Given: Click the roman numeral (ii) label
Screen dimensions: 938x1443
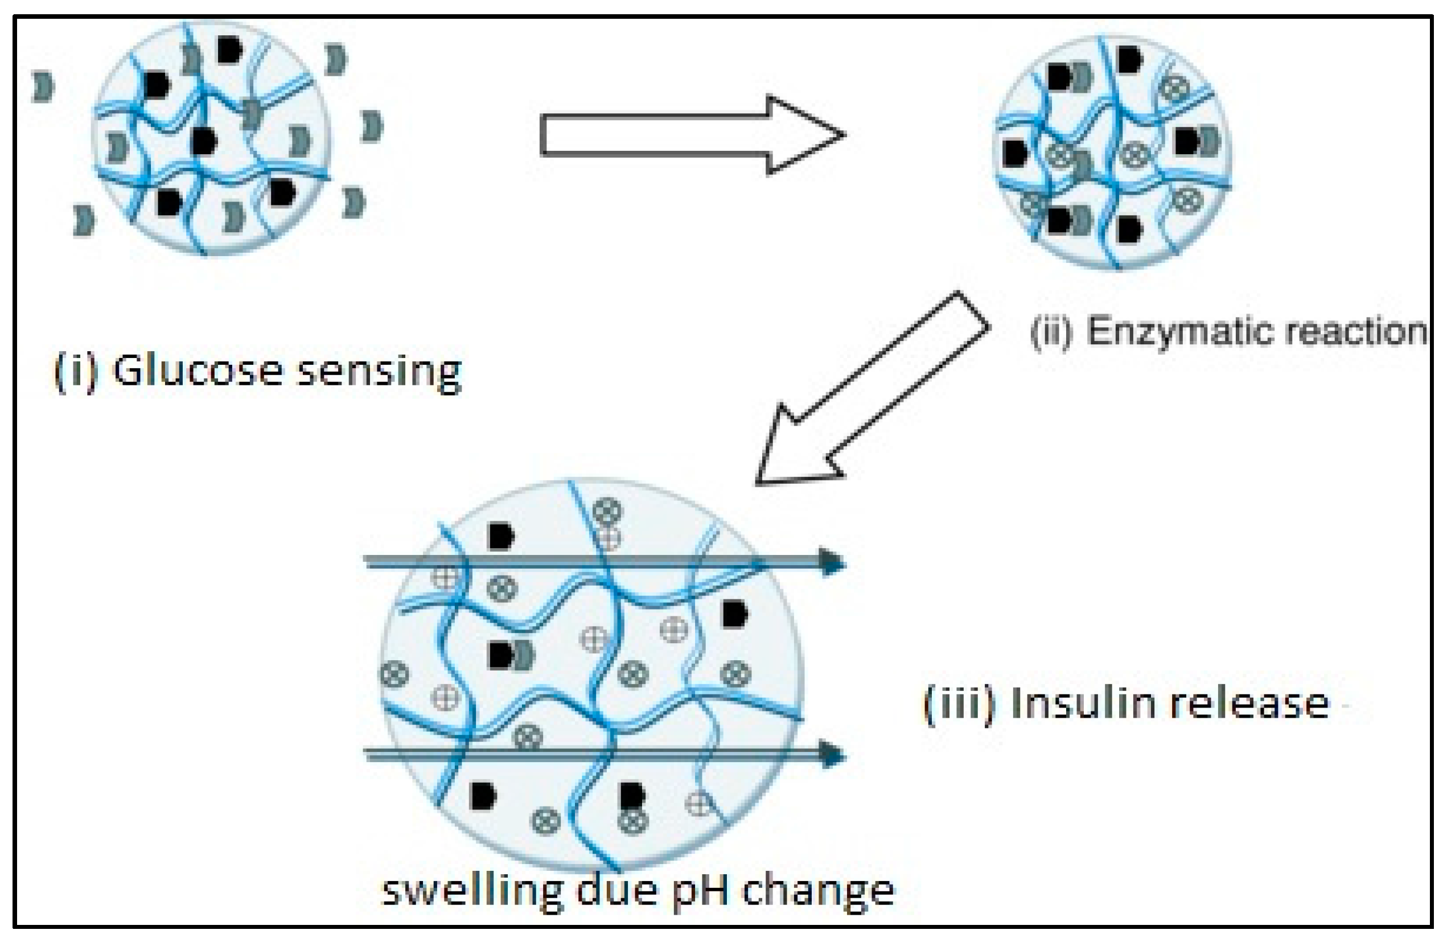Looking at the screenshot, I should (x=1052, y=332).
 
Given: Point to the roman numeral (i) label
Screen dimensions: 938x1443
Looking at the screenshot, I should (x=75, y=371).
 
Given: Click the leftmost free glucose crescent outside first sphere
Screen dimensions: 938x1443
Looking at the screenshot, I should (x=43, y=87).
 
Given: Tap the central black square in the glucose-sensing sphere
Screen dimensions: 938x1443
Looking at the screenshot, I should (x=204, y=141).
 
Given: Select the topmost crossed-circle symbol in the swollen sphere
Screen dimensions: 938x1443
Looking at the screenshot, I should (x=607, y=511).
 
